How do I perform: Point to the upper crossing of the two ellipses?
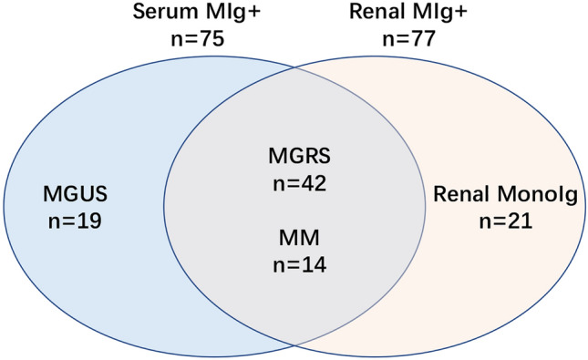click(294, 69)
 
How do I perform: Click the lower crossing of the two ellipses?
click(294, 345)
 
